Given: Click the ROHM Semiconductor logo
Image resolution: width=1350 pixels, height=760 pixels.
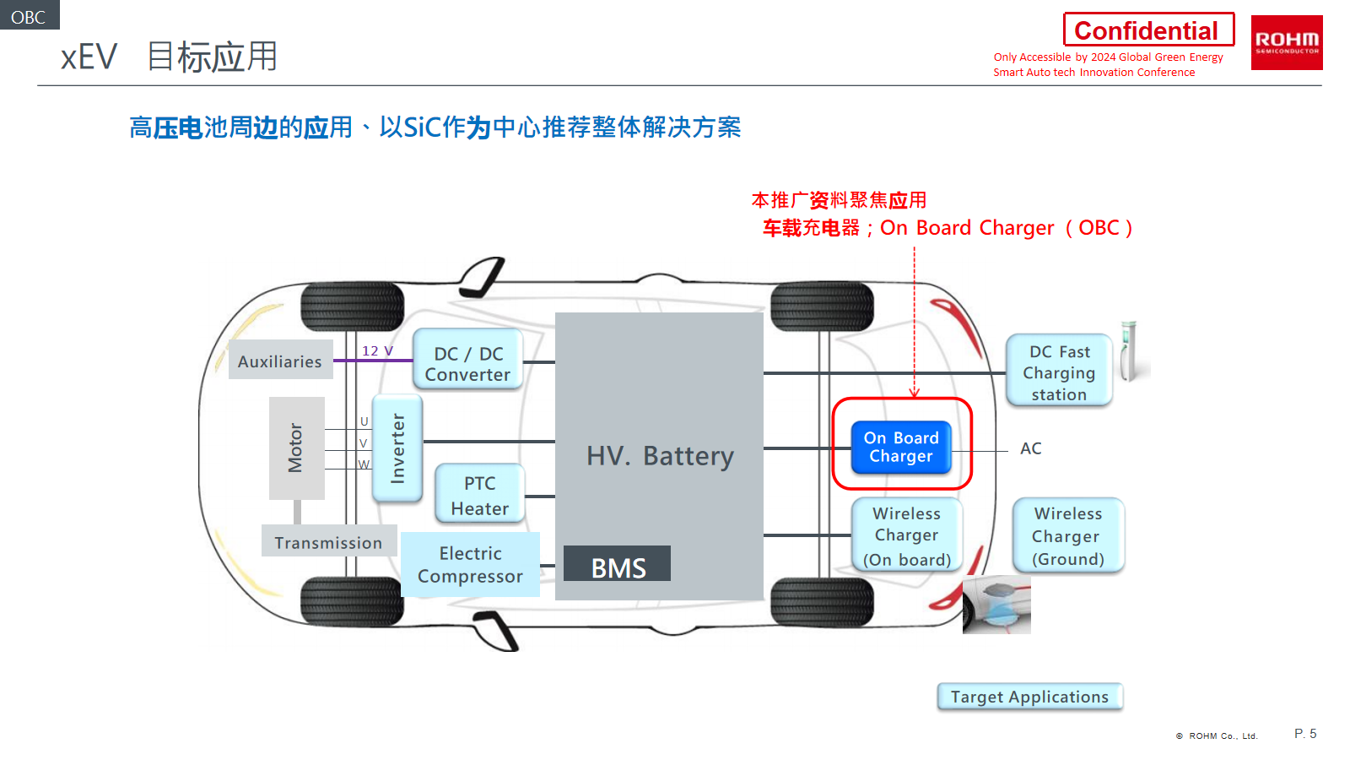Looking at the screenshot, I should [1286, 42].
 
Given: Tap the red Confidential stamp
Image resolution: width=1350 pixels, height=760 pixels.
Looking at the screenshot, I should [1147, 30].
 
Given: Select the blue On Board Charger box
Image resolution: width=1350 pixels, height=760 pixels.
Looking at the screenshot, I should [901, 447].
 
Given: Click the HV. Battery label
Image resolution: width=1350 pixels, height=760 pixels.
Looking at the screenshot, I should [660, 456].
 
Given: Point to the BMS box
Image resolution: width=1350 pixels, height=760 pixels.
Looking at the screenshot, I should [618, 564].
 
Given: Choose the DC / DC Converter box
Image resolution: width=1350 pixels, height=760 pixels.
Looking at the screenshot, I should [467, 363].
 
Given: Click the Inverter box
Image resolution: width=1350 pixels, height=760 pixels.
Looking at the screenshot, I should [397, 448].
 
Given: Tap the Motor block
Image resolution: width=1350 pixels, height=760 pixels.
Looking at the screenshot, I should [296, 448].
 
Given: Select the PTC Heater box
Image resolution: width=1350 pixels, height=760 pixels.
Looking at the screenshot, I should [480, 495].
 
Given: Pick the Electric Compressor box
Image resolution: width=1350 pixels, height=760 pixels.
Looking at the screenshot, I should [470, 564].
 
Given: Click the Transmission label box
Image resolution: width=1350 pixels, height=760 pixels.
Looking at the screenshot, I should [328, 542].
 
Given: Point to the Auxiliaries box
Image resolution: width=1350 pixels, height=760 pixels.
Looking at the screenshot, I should [280, 361].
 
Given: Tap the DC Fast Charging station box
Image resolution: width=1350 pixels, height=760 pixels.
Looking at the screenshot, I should [1059, 372].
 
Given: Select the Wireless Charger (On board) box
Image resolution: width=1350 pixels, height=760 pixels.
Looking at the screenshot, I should [906, 536].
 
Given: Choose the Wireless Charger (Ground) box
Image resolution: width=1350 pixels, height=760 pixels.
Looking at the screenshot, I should [1068, 536].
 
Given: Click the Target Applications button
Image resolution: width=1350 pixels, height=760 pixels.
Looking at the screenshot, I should [1029, 697].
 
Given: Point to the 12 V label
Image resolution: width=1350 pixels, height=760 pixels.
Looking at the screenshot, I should [377, 351].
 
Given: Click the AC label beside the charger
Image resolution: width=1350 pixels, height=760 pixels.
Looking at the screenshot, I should [1030, 448].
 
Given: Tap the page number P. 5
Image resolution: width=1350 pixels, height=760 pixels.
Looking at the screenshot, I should [1305, 734].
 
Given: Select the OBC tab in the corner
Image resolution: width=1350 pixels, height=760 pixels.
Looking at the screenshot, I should [29, 16].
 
